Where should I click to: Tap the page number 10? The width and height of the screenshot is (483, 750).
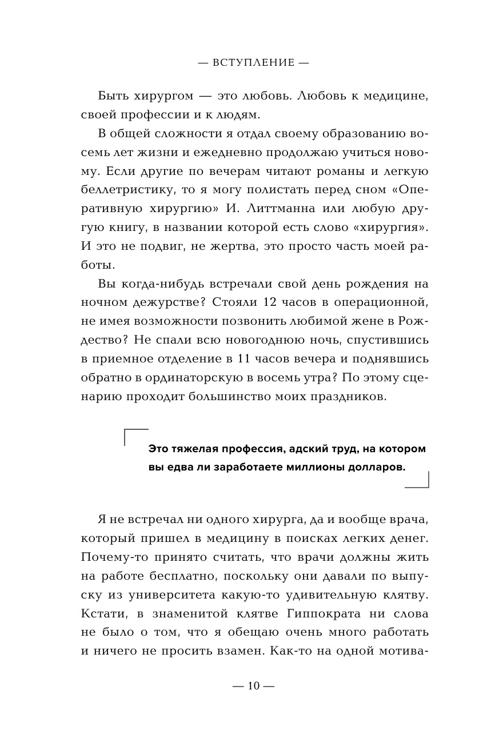[x=254, y=686]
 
